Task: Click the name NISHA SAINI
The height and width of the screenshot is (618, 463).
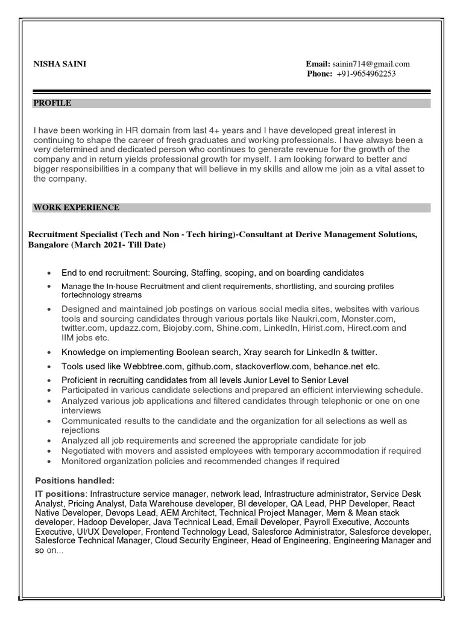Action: (60, 64)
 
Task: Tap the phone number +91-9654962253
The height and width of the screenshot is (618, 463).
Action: (366, 74)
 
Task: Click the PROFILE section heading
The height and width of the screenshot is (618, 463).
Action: (52, 103)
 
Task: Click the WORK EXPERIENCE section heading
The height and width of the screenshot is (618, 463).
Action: (76, 208)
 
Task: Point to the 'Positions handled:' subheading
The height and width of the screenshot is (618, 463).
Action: (74, 480)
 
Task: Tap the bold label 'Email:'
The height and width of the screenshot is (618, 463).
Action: (318, 64)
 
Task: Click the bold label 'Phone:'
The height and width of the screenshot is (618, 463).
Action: (320, 74)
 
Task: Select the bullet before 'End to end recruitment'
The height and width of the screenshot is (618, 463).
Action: (48, 273)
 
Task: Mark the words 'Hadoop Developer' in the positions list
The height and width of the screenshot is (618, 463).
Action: (118, 522)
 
